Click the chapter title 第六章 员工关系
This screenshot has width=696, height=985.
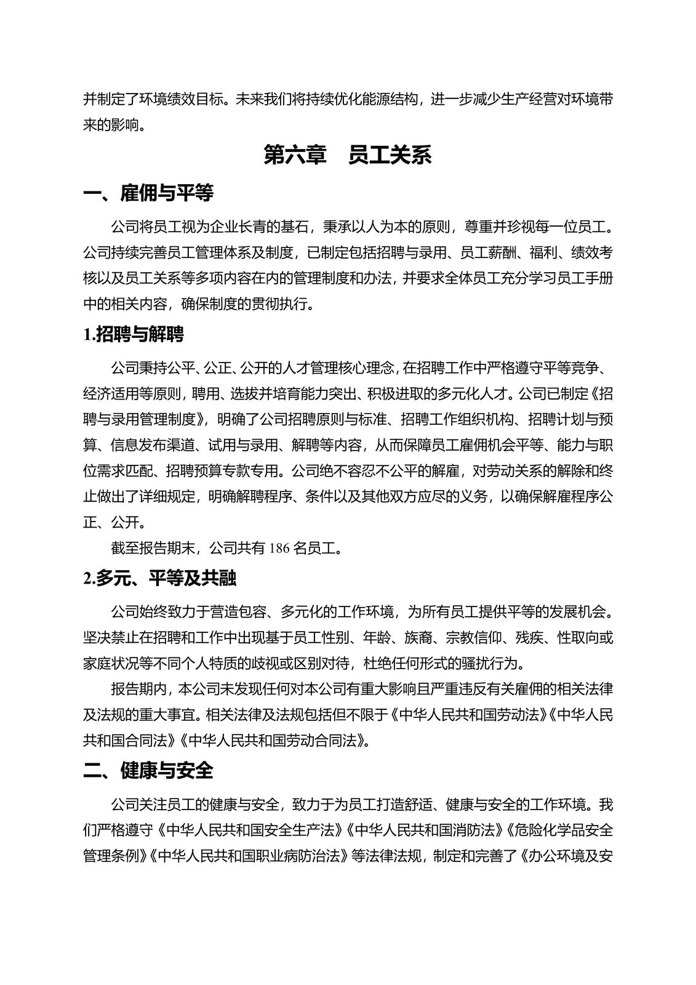pyautogui.click(x=348, y=155)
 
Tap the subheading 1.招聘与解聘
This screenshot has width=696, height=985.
pyautogui.click(x=134, y=335)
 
